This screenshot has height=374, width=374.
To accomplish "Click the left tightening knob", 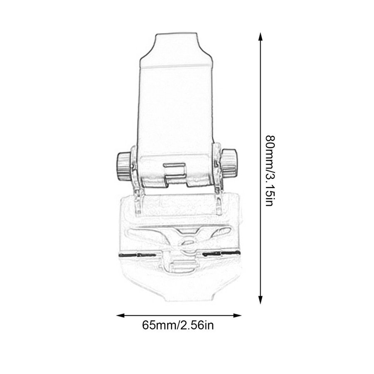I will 123,165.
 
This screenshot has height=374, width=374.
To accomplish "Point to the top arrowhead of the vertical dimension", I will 261,37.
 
